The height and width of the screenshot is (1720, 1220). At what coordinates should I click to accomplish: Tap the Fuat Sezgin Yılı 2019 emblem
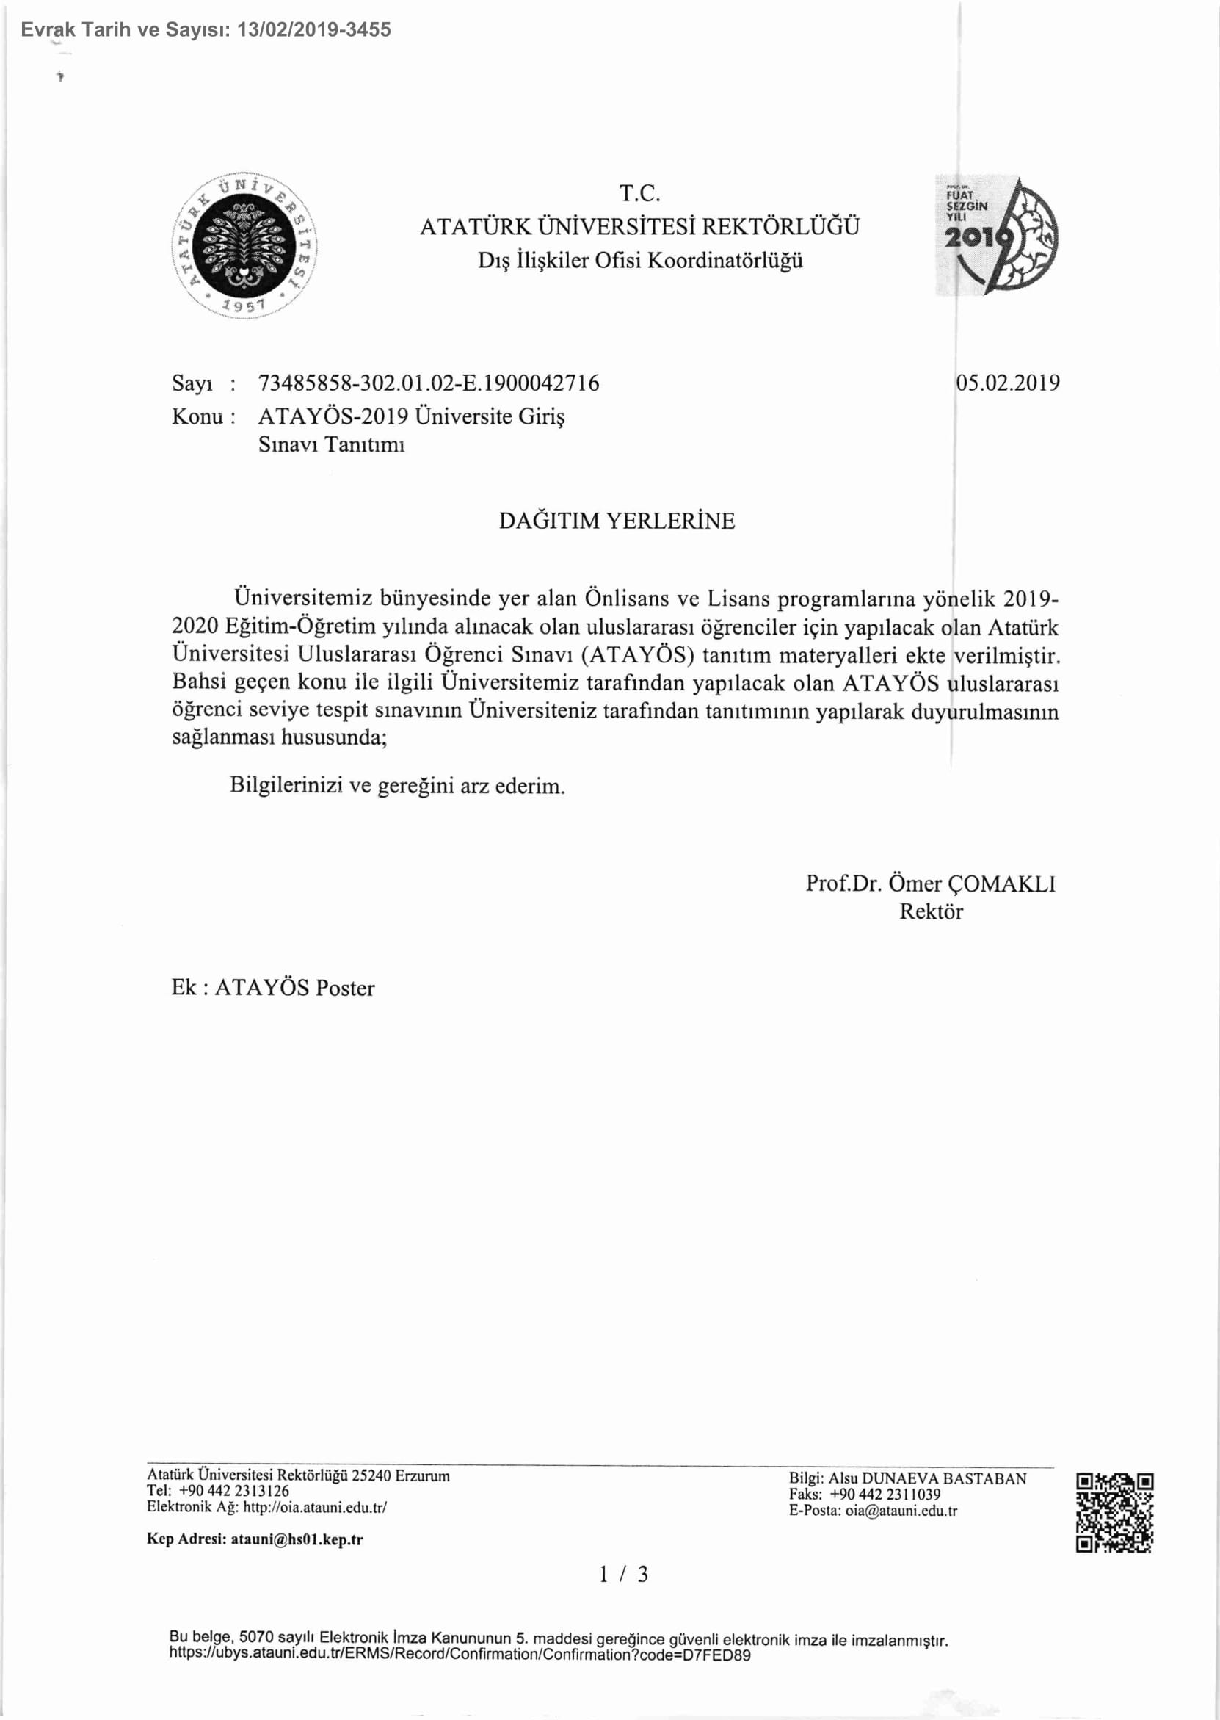click(x=997, y=235)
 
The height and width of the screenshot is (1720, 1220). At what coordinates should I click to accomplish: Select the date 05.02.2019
click(x=1007, y=383)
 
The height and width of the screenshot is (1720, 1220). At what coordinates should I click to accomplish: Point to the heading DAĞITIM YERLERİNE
click(x=617, y=521)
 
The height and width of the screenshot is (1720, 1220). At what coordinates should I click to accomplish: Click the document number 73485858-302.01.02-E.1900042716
click(x=428, y=383)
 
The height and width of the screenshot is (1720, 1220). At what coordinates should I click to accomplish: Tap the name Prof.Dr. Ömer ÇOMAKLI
click(x=930, y=883)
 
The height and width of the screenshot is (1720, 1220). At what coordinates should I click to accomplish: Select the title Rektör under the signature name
click(x=931, y=911)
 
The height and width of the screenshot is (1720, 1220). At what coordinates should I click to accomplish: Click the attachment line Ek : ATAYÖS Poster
click(x=272, y=987)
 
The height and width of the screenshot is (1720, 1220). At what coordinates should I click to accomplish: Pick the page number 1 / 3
click(x=622, y=1575)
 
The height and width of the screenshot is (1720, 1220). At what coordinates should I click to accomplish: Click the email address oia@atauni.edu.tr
click(x=901, y=1511)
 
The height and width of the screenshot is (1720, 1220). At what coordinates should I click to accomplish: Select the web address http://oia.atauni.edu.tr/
click(x=315, y=1506)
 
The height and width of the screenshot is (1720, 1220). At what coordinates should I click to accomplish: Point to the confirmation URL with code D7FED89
click(x=460, y=1654)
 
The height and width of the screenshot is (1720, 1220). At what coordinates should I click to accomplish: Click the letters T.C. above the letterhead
click(x=639, y=193)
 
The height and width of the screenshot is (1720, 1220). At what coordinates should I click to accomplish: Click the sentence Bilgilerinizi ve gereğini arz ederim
click(x=397, y=786)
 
